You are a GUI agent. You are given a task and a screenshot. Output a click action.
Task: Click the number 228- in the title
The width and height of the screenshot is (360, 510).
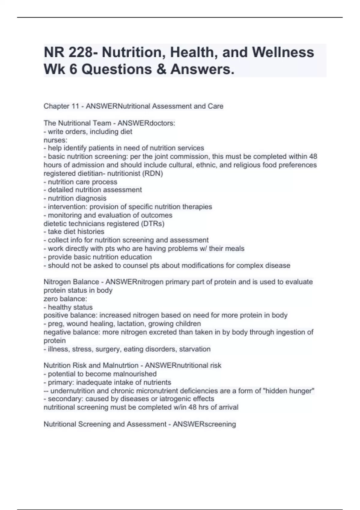click(x=81, y=52)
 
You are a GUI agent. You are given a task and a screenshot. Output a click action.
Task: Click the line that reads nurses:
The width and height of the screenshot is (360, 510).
click(x=55, y=140)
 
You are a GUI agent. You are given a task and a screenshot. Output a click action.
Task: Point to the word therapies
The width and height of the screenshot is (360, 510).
click(x=197, y=207)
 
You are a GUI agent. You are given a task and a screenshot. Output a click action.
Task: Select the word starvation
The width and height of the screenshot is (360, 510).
click(x=195, y=349)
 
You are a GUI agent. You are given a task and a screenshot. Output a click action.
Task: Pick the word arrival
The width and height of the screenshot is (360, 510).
click(x=227, y=407)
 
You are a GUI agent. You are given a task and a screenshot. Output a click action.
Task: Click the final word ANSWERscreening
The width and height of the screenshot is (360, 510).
click(x=204, y=424)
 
